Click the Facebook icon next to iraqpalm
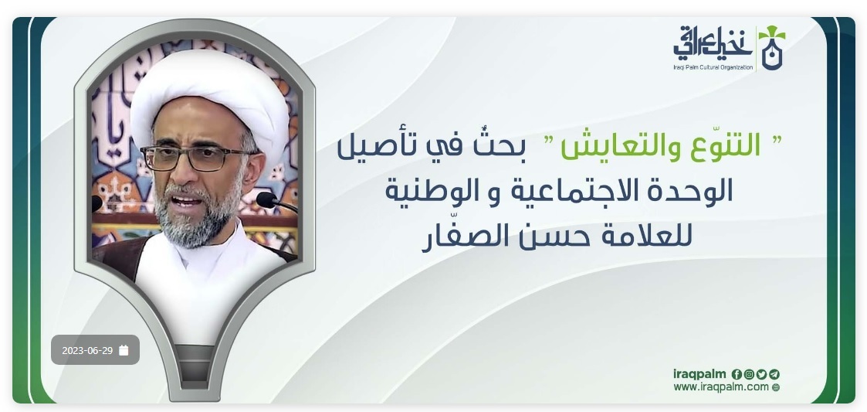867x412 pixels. pyautogui.click(x=737, y=374)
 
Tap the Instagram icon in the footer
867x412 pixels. pyautogui.click(x=749, y=374)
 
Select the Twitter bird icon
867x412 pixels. pyautogui.click(x=762, y=374)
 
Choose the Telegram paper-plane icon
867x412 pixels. pyautogui.click(x=774, y=374)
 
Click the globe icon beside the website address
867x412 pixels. pyautogui.click(x=776, y=387)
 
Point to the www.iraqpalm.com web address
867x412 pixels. pyautogui.click(x=721, y=387)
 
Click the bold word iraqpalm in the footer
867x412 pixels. pyautogui.click(x=699, y=374)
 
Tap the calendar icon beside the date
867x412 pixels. pyautogui.click(x=124, y=350)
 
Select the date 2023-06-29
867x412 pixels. pyautogui.click(x=87, y=350)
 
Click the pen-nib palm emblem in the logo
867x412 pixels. pyautogui.click(x=772, y=47)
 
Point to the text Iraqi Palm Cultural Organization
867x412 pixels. pyautogui.click(x=713, y=67)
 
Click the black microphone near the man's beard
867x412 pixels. pyautogui.click(x=276, y=201)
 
